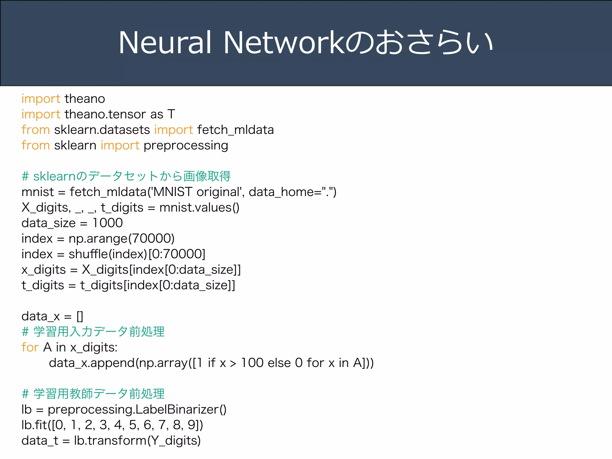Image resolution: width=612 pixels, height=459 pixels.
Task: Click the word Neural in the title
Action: tap(165, 42)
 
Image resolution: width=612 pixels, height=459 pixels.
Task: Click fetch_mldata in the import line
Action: tap(235, 130)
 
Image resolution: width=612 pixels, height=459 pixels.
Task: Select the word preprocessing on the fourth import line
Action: tap(186, 146)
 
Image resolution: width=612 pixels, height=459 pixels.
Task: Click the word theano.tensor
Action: tap(105, 114)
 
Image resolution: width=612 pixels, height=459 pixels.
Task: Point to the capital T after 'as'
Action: tap(171, 114)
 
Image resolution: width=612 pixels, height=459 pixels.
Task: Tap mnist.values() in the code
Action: tap(199, 208)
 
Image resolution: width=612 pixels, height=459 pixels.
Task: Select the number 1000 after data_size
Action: tap(108, 223)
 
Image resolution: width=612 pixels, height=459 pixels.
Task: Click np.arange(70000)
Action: tap(121, 239)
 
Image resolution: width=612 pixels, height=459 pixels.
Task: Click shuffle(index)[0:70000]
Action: tap(137, 254)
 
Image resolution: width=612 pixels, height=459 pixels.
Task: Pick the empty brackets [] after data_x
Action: tap(80, 316)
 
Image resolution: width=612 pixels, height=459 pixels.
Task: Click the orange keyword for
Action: tap(30, 348)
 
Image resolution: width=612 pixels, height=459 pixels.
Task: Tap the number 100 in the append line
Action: tap(252, 363)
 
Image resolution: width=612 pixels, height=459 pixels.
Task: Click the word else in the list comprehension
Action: tap(279, 363)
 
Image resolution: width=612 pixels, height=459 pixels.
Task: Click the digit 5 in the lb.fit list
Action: tap(132, 425)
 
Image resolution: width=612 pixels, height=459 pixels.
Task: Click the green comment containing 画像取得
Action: tap(126, 176)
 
